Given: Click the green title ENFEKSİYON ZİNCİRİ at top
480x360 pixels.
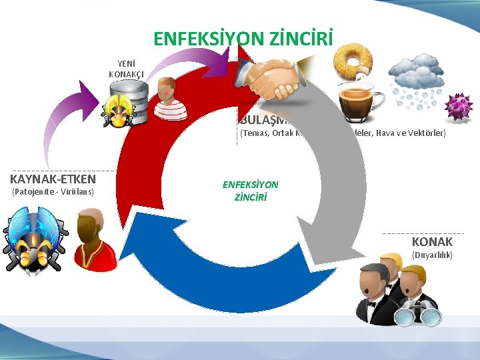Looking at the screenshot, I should [x=243, y=39].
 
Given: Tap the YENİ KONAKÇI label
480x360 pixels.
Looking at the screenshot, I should [x=126, y=69].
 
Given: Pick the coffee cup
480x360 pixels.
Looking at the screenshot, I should [x=360, y=99].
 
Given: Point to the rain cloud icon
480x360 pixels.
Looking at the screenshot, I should [x=413, y=80].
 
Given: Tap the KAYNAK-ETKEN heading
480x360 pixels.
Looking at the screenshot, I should [x=53, y=179].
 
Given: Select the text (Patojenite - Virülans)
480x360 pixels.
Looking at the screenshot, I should [x=53, y=193].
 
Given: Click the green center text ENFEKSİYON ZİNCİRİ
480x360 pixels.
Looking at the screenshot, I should [x=251, y=191].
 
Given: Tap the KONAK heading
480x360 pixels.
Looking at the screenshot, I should [x=432, y=241].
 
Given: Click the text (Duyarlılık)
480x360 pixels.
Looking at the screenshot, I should [x=432, y=255].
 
